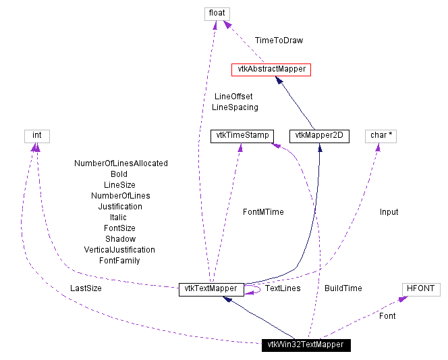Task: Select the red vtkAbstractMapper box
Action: [271, 69]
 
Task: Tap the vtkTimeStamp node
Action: [241, 135]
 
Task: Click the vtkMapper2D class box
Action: [319, 135]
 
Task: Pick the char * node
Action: [382, 135]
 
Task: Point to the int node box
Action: [37, 135]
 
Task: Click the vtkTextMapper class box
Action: [211, 288]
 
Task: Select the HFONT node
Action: [421, 288]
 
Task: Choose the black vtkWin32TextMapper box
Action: [306, 344]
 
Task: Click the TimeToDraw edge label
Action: [279, 41]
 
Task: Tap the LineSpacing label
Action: [235, 107]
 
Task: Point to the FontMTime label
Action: [263, 212]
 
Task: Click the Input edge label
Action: [389, 212]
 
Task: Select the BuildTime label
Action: [343, 288]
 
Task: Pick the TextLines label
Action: [283, 288]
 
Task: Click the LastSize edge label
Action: [86, 288]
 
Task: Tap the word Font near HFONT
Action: [387, 315]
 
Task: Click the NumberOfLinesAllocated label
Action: [121, 163]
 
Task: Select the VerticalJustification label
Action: [119, 250]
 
